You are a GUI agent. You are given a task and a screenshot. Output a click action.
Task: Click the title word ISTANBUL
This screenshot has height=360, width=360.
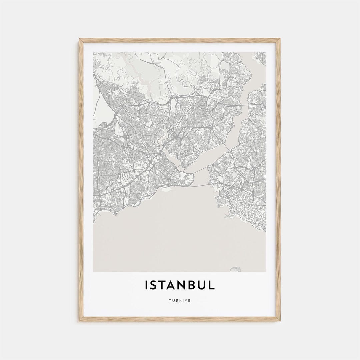pyautogui.click(x=180, y=285)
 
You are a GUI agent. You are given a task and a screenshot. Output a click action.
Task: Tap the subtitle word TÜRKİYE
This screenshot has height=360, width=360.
pyautogui.click(x=180, y=301)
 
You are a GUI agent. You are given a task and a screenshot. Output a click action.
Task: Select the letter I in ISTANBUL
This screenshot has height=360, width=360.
pyautogui.click(x=146, y=285)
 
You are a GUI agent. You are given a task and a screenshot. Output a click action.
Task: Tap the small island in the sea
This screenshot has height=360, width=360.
pyautogui.click(x=236, y=269)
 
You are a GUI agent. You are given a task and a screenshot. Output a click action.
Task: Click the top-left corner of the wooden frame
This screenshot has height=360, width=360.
pyautogui.click(x=80, y=39)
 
